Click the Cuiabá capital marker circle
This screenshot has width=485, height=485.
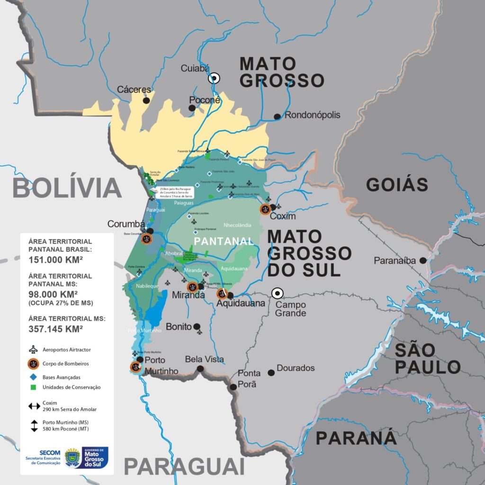(214, 78)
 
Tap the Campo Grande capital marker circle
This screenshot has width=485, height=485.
(277, 293)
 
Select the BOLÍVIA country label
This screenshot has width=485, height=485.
(67, 188)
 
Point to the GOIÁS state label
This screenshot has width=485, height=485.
(397, 184)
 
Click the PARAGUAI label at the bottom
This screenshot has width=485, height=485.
(184, 467)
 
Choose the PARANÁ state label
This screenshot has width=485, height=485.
(356, 438)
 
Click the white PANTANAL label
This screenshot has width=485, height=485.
(224, 241)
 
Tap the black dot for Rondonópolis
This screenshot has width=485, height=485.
(277, 117)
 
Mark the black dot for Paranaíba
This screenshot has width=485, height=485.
(422, 260)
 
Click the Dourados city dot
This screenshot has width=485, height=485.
(271, 373)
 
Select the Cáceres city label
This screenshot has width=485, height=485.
(134, 90)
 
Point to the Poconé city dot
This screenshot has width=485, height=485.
(192, 108)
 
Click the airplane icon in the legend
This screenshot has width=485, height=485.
(34, 350)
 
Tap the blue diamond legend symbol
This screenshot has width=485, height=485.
(34, 377)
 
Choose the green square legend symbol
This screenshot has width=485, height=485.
(34, 387)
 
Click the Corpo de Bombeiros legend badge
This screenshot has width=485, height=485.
(34, 364)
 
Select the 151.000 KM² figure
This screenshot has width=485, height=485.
(56, 259)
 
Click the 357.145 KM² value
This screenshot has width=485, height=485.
(56, 328)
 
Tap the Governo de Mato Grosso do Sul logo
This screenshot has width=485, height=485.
(95, 458)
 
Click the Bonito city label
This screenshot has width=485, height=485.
(179, 327)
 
